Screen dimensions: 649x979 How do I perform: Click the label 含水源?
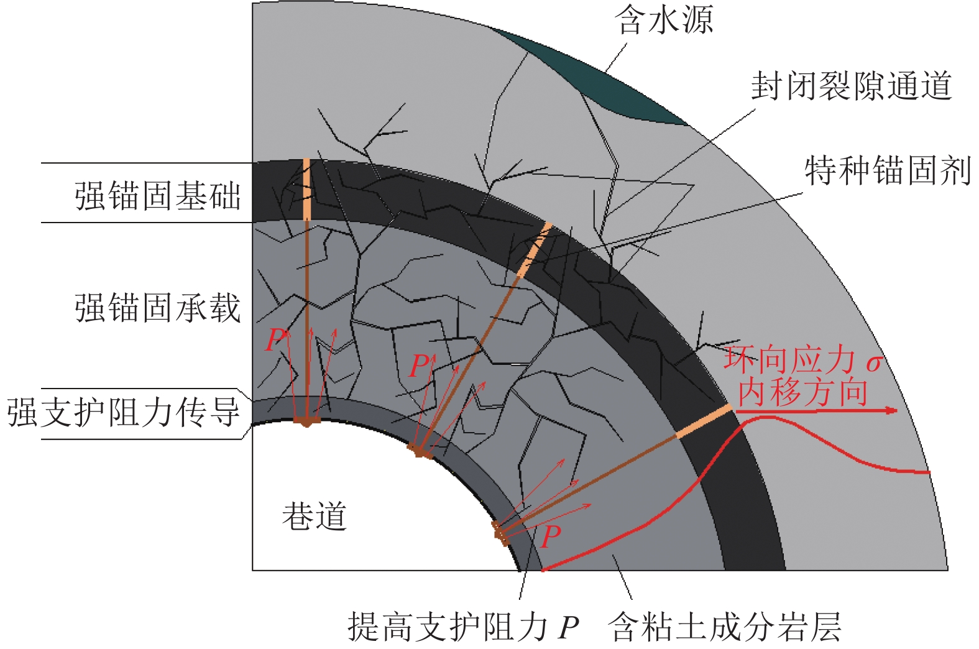click(663, 21)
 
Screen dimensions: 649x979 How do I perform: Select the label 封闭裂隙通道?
click(851, 85)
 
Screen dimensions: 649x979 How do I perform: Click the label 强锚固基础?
click(157, 195)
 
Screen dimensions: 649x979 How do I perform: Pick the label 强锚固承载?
click(157, 307)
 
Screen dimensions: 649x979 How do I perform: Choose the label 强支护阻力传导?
click(123, 412)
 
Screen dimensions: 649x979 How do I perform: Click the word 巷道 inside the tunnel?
click(314, 516)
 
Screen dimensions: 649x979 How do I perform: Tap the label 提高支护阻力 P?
click(463, 627)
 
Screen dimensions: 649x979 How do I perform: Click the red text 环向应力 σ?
click(802, 361)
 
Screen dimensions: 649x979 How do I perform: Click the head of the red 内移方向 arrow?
click(893, 411)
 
